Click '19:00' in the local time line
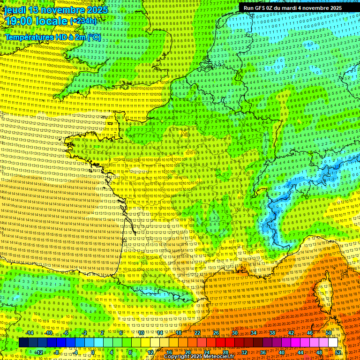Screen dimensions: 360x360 click(x=18, y=21)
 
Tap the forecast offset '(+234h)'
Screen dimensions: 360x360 click(x=84, y=21)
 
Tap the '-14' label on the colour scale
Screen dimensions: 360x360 click(x=29, y=333)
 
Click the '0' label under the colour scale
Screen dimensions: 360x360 click(x=93, y=352)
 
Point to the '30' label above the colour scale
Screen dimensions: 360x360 click(x=234, y=333)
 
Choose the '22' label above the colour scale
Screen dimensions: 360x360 click(x=197, y=333)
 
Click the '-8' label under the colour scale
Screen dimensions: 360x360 click(x=56, y=352)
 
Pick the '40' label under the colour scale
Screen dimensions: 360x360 click(x=281, y=352)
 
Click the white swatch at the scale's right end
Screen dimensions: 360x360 click(x=333, y=343)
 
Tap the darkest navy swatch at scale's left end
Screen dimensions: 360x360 click(x=23, y=343)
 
